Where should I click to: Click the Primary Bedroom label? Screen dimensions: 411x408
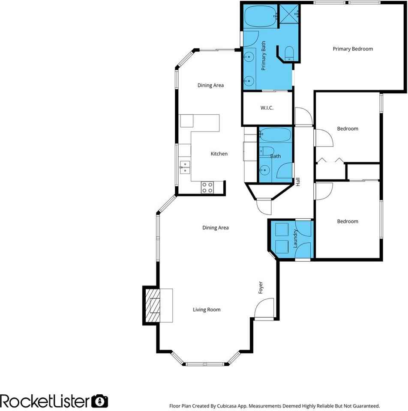click(x=353, y=49)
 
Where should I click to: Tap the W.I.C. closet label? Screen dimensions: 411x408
click(x=267, y=108)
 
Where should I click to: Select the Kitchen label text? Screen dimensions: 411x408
click(x=219, y=154)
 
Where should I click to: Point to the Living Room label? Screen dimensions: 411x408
click(x=207, y=310)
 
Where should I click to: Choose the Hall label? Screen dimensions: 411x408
click(x=298, y=182)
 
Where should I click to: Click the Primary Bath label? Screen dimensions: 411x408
click(x=264, y=56)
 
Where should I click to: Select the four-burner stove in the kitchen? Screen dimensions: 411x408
click(x=207, y=187)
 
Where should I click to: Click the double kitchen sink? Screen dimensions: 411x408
click(x=185, y=167)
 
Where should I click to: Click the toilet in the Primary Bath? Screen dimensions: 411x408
click(x=289, y=53)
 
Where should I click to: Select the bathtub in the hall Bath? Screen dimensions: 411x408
click(x=275, y=134)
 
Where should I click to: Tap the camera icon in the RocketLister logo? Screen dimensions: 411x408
click(x=100, y=401)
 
